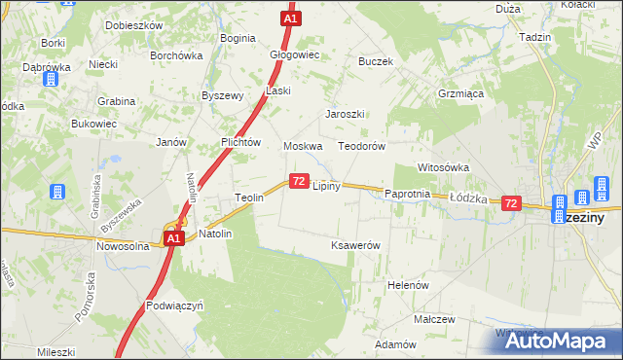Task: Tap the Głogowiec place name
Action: pos(294,55)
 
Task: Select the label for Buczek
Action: pos(375,60)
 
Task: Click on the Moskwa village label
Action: pos(302,146)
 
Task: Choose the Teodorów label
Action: pos(362,146)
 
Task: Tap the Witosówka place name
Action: pos(444,167)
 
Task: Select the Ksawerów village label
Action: pos(355,245)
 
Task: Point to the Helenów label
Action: pos(409,285)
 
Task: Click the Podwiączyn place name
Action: pos(174,305)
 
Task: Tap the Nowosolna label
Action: pos(121,246)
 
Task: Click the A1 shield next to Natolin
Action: pos(173,238)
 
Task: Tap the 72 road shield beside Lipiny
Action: pos(299,181)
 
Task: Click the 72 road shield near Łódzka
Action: pos(511,203)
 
